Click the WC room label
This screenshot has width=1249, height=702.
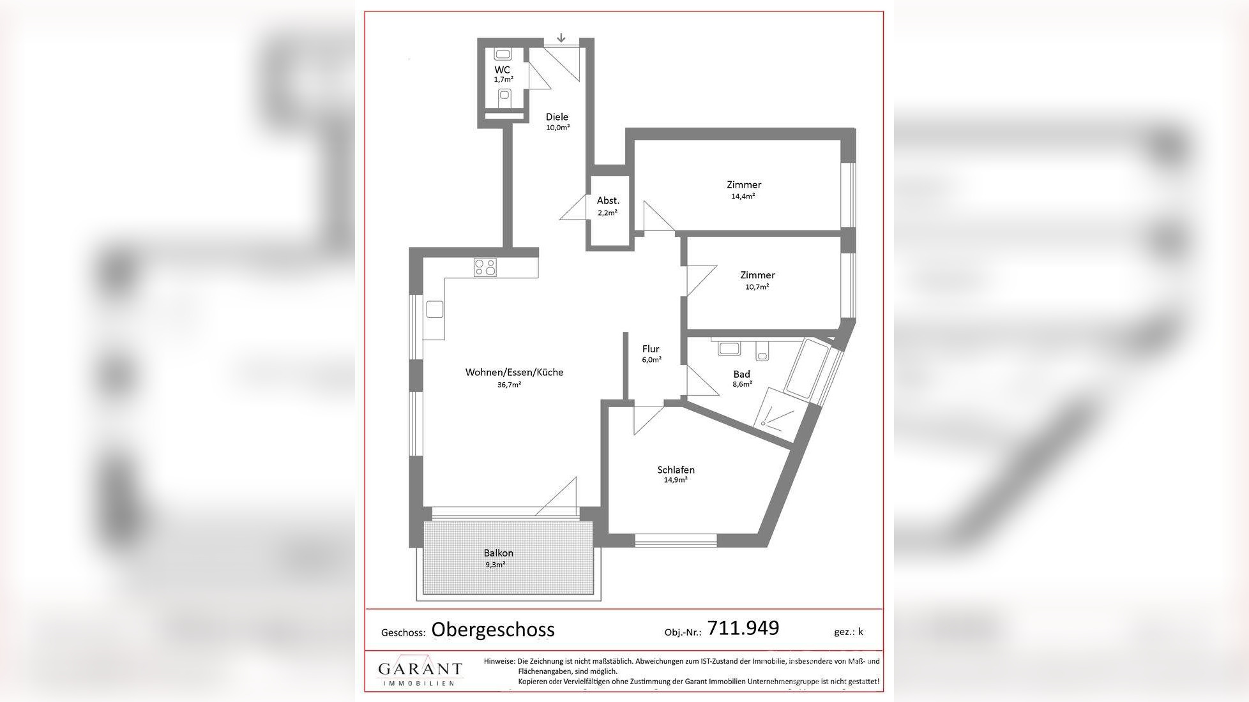click(x=502, y=70)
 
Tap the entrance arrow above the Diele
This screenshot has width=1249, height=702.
click(x=561, y=38)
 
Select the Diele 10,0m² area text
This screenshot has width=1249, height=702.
click(x=557, y=128)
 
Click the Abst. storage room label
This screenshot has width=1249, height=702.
click(x=608, y=200)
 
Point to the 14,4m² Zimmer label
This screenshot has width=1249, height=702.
click(x=743, y=197)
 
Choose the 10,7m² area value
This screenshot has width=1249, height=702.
click(x=757, y=287)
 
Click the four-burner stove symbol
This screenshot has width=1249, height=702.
click(x=485, y=267)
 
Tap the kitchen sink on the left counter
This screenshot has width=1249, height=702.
click(x=435, y=310)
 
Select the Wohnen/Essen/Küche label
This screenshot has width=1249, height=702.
click(x=514, y=372)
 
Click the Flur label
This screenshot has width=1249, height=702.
click(x=651, y=349)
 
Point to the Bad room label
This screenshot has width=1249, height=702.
click(x=741, y=374)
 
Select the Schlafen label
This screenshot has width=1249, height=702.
click(x=676, y=470)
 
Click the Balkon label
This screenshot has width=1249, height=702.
click(x=498, y=553)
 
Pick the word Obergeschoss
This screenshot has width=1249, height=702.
click(x=493, y=630)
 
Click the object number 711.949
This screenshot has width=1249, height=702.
click(x=743, y=628)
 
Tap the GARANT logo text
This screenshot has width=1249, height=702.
click(x=420, y=669)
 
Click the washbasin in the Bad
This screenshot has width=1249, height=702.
click(x=729, y=348)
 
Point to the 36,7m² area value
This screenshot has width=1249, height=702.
click(x=509, y=385)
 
